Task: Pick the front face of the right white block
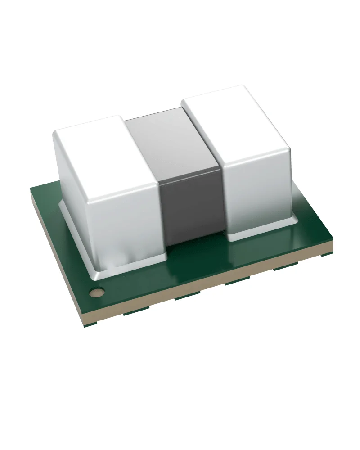256,193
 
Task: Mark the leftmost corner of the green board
30,189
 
